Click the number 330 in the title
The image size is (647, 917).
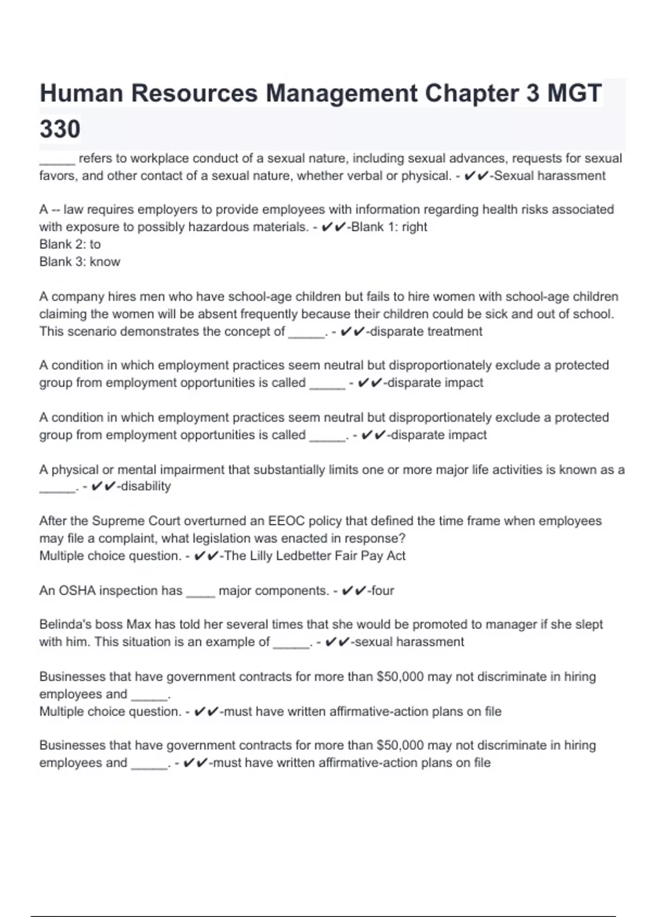click(60, 129)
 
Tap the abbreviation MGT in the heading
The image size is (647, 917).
click(574, 93)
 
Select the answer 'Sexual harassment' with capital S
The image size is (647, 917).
click(549, 176)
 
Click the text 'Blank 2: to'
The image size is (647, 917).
click(70, 244)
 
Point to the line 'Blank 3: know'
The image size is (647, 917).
click(80, 262)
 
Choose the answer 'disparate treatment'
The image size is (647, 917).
click(425, 331)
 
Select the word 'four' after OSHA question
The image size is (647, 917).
click(382, 591)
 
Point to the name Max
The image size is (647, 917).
click(139, 625)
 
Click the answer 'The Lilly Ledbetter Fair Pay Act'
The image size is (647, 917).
click(314, 556)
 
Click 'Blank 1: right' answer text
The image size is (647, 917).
click(389, 227)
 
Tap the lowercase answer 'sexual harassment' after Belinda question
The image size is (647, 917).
click(409, 642)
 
